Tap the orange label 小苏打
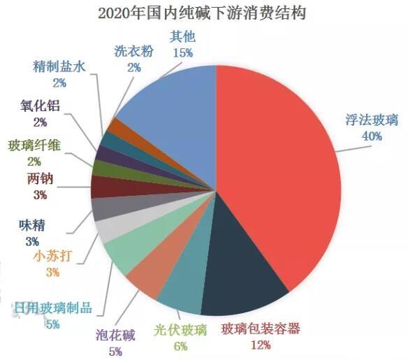point(52,256)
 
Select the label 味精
point(33,226)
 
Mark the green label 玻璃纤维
point(34,145)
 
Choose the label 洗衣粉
point(133,52)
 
